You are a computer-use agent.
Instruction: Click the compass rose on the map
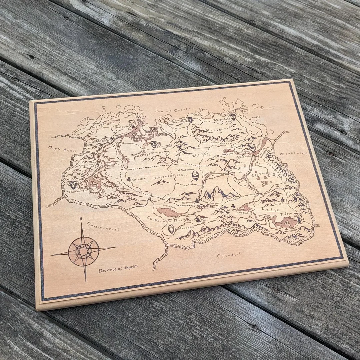click(83, 251)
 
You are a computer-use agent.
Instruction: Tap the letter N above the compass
click(81, 219)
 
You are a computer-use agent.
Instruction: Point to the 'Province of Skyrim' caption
click(118, 268)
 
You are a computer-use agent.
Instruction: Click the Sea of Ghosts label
click(172, 110)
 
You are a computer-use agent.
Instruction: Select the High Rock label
click(62, 149)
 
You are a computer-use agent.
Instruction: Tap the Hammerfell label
click(103, 227)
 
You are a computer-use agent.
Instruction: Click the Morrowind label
click(293, 154)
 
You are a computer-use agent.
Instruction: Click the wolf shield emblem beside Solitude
click(132, 124)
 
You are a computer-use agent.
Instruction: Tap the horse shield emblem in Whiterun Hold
click(195, 176)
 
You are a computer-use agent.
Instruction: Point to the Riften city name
click(286, 214)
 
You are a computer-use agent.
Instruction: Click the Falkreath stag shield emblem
click(171, 229)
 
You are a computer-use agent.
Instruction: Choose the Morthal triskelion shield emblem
click(153, 144)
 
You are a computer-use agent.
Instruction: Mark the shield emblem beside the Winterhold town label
click(233, 116)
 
